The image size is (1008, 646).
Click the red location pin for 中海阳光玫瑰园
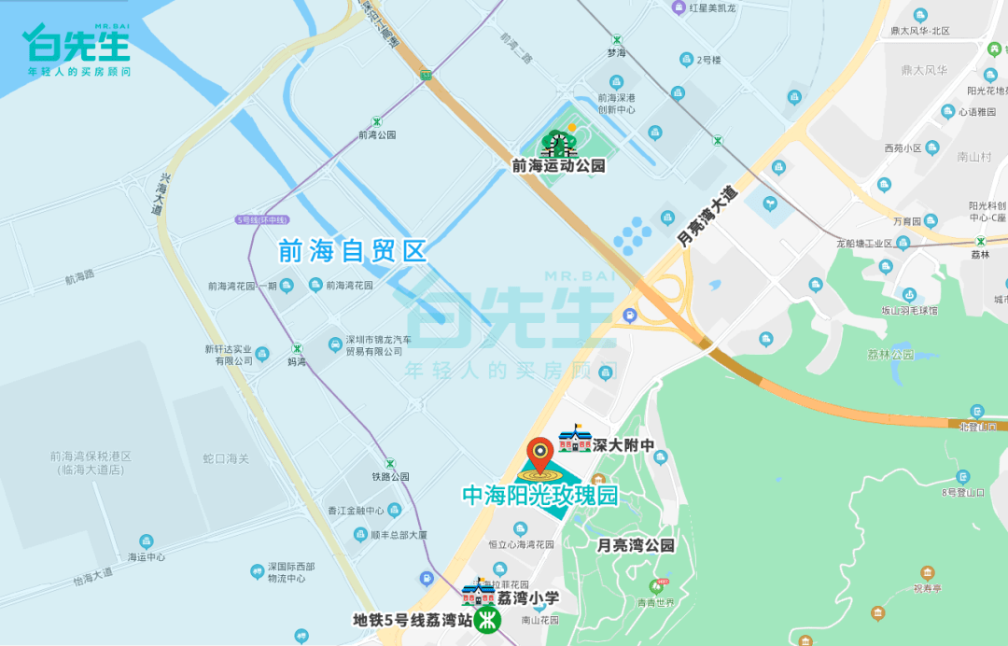coord(540,455)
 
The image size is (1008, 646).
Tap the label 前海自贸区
coord(352,251)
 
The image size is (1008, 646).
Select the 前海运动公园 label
coord(558,166)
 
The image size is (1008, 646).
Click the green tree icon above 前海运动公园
coord(558,143)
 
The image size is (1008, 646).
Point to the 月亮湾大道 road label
coord(707,217)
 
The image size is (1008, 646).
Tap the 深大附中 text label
coord(623,446)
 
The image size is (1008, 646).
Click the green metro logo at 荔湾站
coord(485,619)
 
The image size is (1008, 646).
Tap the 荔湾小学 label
coord(527,598)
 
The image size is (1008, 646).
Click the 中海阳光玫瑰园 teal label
coord(540,496)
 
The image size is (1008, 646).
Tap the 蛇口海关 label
coord(226,458)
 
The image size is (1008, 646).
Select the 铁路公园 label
coord(390,476)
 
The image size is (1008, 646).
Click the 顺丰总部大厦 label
coord(399,535)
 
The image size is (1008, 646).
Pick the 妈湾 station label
coord(296,361)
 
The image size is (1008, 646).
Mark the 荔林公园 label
coord(890,355)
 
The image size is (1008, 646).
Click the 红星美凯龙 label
coord(713,8)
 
